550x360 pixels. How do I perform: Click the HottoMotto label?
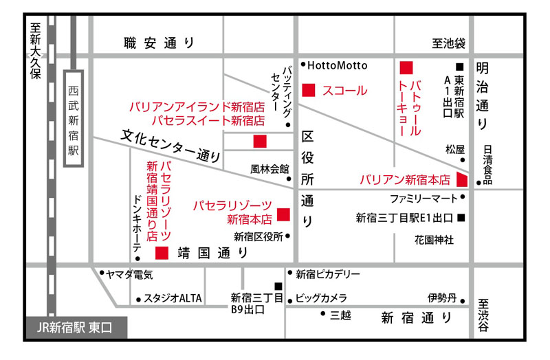tap(337, 65)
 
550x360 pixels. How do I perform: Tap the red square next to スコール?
tap(309, 90)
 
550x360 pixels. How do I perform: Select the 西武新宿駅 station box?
tap(74, 118)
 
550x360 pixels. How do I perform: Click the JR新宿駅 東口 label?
tap(74, 328)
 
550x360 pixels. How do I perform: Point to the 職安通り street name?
tap(159, 43)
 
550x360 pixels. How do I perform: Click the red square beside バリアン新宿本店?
tap(462, 179)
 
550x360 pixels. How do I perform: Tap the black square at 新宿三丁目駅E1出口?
tap(461, 218)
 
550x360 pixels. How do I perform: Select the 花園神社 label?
tap(434, 240)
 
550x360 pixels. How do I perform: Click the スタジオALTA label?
tap(173, 298)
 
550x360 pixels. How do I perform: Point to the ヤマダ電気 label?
tap(129, 275)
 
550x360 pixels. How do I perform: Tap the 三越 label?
tap(340, 315)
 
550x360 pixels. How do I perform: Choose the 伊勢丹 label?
tap(442, 298)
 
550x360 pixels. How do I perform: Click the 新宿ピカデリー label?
tap(328, 274)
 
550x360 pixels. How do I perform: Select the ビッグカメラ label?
tap(321, 298)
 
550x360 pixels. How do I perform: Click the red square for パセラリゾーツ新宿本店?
tap(283, 214)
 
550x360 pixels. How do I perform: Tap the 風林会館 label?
tap(269, 169)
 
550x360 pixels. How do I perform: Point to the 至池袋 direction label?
tap(449, 43)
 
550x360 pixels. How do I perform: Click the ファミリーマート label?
tap(423, 199)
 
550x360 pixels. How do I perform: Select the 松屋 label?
tap(455, 150)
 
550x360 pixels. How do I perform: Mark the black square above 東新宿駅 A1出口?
tap(459, 67)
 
